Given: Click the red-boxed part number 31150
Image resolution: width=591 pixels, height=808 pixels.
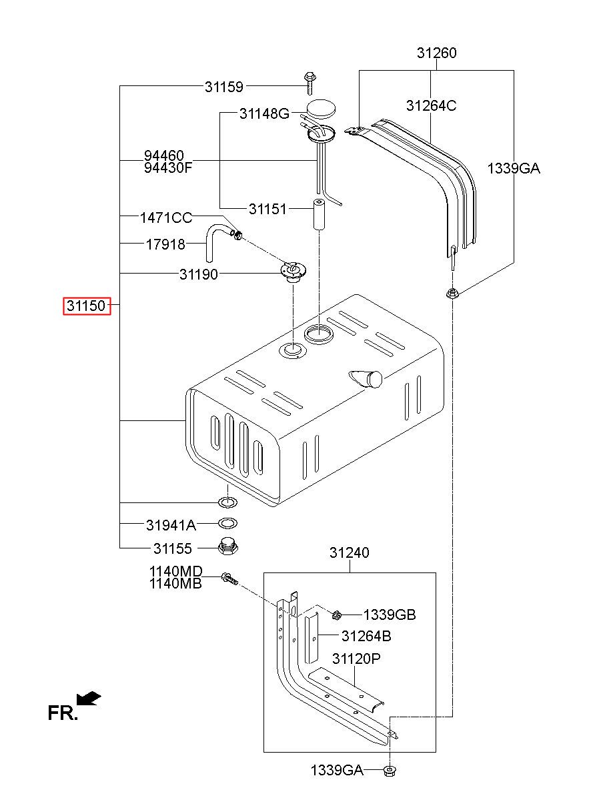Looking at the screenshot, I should click(85, 306).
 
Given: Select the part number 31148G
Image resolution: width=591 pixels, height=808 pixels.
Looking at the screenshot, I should click(263, 114).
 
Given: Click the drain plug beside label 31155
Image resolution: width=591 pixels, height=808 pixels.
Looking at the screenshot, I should click(228, 548).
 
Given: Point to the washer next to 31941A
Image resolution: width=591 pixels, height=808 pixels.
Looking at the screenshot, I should click(227, 524).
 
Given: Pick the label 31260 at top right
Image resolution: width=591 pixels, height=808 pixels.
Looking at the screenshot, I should click(437, 53).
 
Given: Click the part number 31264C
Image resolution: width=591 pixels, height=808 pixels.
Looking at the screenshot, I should click(431, 105).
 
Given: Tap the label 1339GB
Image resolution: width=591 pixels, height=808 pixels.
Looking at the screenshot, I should click(389, 615).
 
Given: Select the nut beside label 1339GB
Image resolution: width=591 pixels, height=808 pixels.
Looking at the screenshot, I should click(337, 615).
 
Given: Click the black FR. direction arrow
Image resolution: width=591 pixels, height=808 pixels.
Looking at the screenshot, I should click(89, 698).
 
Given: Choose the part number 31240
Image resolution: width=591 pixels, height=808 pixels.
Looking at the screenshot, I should click(349, 553).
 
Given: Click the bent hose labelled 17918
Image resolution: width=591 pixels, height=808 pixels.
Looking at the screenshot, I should click(211, 243).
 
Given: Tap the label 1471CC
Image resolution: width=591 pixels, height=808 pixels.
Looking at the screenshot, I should click(165, 218).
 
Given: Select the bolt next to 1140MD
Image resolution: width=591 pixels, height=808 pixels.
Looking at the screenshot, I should click(228, 578).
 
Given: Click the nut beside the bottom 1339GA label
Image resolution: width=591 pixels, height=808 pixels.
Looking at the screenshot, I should click(389, 771).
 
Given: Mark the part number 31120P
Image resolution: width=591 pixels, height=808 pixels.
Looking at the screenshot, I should click(357, 659).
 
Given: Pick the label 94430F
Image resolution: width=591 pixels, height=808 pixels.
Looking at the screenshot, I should click(168, 167).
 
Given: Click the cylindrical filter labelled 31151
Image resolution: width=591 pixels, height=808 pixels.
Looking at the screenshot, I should click(319, 213).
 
